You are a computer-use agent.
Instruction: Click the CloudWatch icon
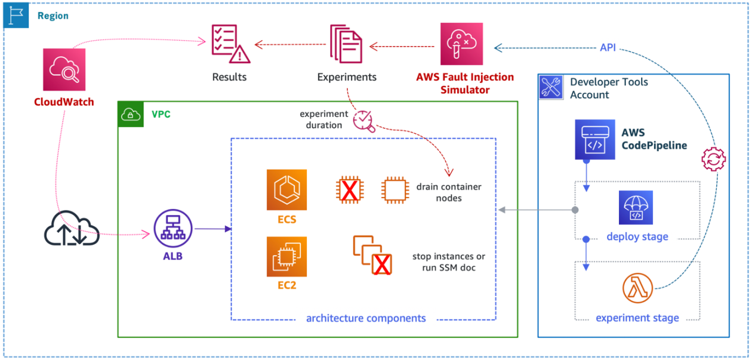click(x=64, y=69)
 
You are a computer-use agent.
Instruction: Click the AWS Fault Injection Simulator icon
click(x=461, y=44)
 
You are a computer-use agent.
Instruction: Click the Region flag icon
click(x=16, y=16)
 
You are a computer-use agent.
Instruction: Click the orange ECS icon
click(x=286, y=190)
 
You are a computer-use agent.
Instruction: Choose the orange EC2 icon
click(x=286, y=257)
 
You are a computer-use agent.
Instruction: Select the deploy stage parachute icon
click(x=636, y=207)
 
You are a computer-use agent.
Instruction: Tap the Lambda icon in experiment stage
click(x=637, y=290)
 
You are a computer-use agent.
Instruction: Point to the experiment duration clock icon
click(x=363, y=120)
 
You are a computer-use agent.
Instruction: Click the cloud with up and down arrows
click(x=72, y=230)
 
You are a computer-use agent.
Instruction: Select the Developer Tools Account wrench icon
click(x=551, y=87)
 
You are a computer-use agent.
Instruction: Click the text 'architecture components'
click(x=366, y=318)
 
